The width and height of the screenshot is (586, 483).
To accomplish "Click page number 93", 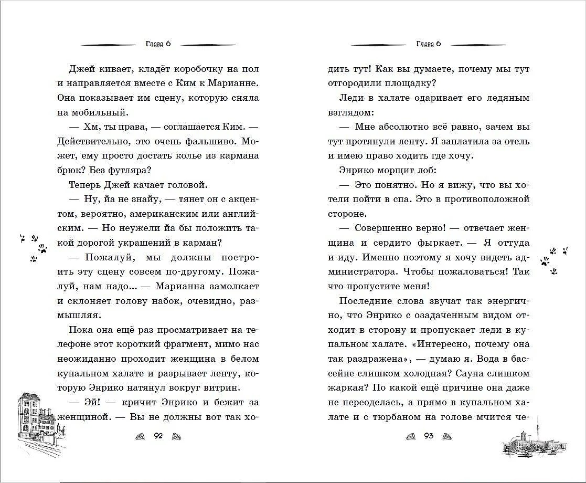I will [x=428, y=436].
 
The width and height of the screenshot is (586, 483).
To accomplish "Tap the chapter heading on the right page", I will [x=428, y=44].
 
